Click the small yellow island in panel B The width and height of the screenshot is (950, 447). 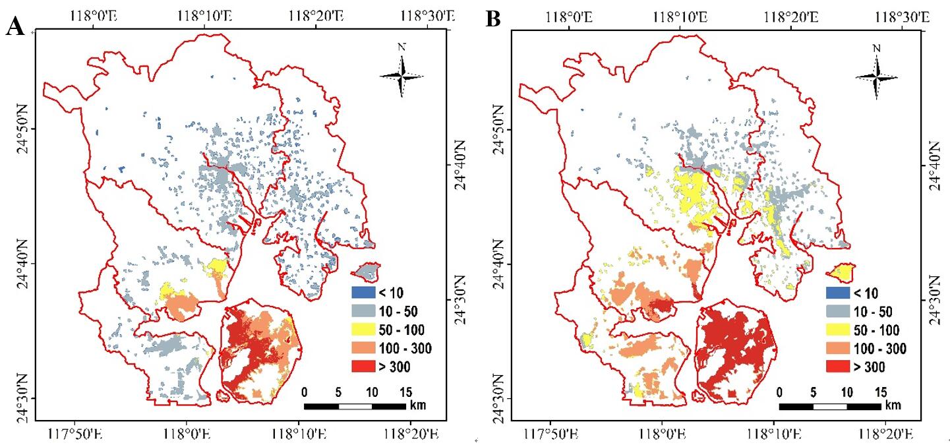pos(841,271)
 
